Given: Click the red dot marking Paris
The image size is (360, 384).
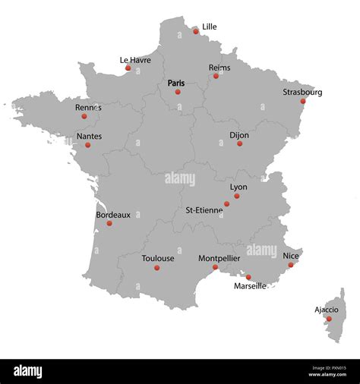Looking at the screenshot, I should tap(178, 92).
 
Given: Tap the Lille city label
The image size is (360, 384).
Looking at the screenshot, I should tap(209, 27).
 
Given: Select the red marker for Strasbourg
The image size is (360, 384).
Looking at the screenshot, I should tap(302, 101).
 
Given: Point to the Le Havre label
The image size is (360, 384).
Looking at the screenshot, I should tap(135, 60).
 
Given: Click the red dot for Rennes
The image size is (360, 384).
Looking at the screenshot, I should tap(84, 116).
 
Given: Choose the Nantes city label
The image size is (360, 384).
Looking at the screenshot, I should tap(90, 137).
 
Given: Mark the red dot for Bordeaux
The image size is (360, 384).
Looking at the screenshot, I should tap(109, 223).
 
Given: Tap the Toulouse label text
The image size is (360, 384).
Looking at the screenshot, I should tap(158, 258).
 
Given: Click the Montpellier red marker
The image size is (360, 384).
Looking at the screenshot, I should tap(215, 267).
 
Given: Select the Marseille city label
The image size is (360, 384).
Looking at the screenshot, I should tap(250, 286).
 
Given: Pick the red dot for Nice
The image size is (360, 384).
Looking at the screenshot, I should tap(290, 265).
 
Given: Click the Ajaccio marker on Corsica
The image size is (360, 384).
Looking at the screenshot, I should tap(329, 319).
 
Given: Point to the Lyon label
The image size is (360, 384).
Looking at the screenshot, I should tap(238, 187).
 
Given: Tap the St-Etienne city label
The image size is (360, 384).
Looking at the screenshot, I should tap(204, 209).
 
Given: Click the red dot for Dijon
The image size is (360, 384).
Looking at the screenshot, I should tap(240, 143).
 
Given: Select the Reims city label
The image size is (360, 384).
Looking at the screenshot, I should tap(219, 68).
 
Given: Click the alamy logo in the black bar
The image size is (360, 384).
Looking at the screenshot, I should tap(27, 372).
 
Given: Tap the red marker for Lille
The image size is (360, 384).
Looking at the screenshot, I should tap(196, 31).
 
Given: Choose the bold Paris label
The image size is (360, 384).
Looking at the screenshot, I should tap(176, 83).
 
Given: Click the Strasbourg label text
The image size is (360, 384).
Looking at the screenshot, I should tap(302, 92).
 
